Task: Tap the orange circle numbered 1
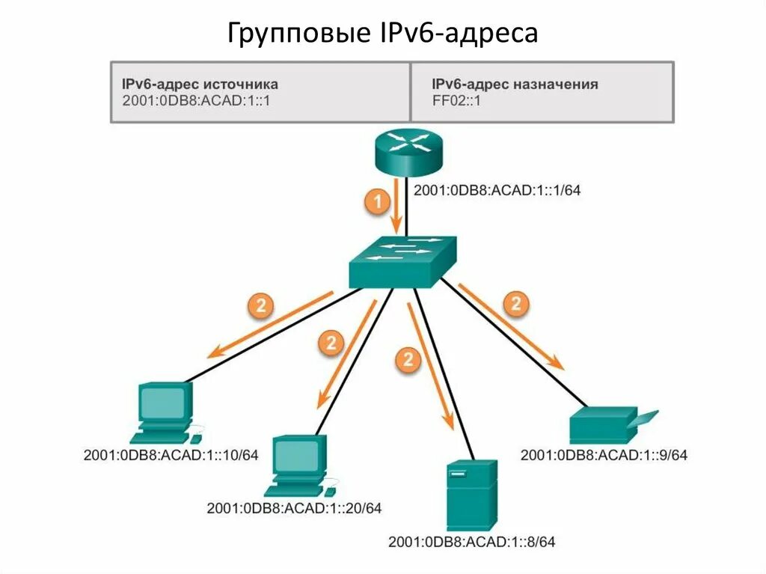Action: [377, 202]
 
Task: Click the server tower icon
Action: [471, 495]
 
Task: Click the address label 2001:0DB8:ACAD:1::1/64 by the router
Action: [497, 190]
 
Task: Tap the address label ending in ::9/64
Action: [604, 455]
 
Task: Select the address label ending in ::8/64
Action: [473, 541]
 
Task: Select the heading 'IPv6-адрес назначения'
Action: [515, 84]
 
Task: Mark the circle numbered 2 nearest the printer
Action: [515, 304]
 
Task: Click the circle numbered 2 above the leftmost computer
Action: [261, 305]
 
